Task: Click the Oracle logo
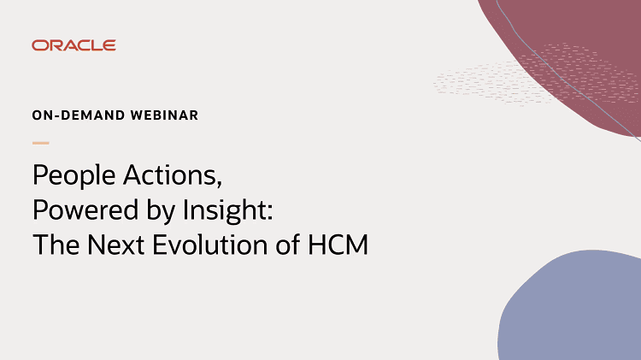(74, 45)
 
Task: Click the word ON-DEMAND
(79, 115)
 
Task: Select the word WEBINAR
(164, 115)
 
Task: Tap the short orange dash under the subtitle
(41, 143)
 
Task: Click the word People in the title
(74, 176)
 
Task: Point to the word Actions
(170, 175)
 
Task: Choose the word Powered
(85, 210)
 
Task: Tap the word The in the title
(56, 245)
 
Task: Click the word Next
(115, 245)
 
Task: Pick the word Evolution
(209, 245)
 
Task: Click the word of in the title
(287, 245)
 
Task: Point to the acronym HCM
(338, 245)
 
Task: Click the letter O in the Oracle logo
(38, 45)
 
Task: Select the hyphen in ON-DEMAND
(57, 116)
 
